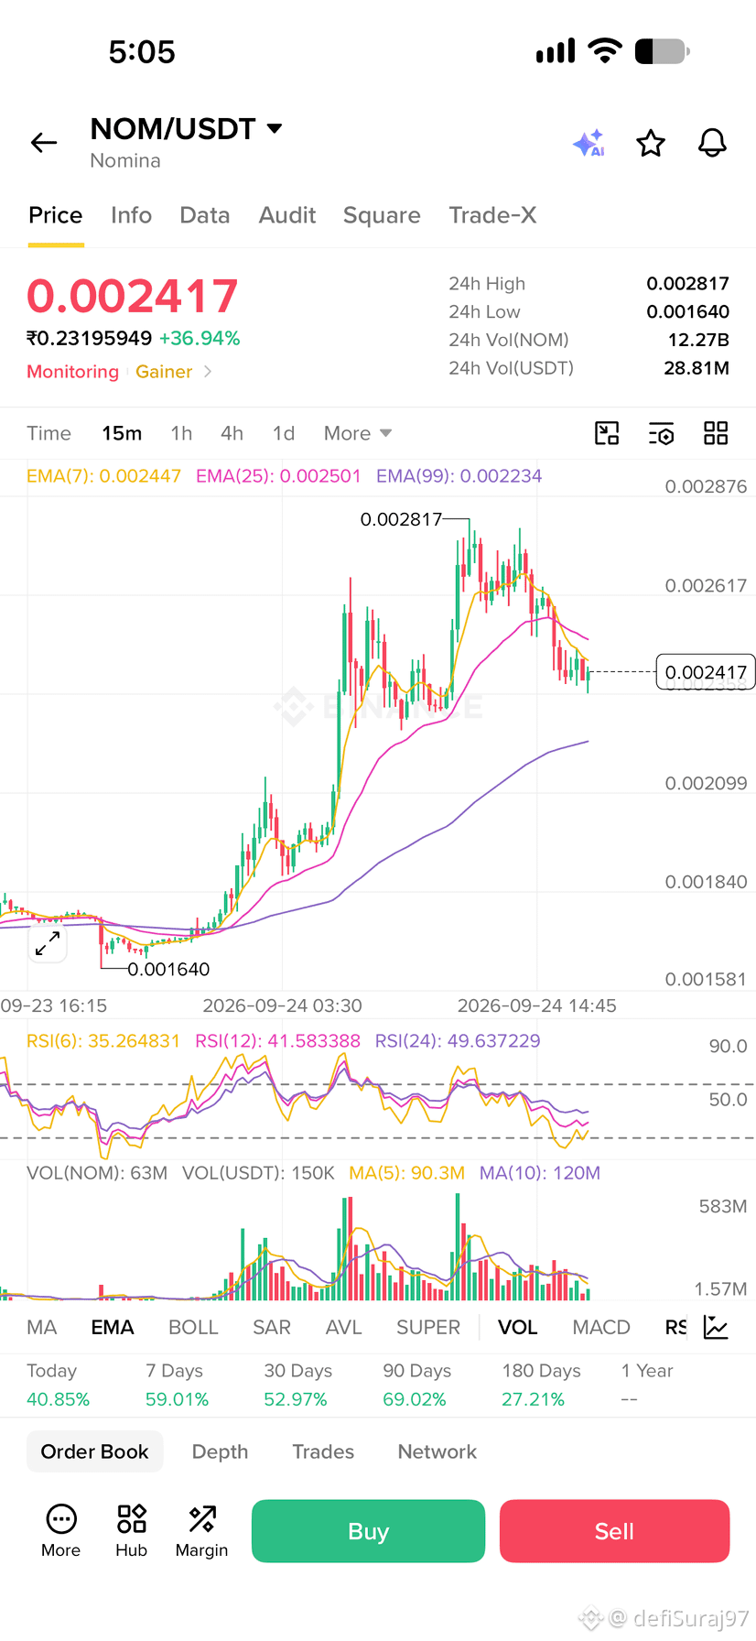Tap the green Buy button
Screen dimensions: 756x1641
(368, 1530)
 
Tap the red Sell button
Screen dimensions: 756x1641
(614, 1530)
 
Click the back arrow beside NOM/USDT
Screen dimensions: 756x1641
(44, 143)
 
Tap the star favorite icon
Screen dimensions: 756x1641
(651, 143)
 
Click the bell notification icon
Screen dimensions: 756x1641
(712, 143)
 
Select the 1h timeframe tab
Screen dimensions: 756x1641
(181, 433)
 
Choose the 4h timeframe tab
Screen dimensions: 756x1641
(232, 433)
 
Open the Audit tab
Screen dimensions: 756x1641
(287, 215)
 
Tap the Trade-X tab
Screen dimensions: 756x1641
(492, 215)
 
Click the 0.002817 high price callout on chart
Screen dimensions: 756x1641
(401, 519)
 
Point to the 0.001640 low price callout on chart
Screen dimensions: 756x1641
(168, 969)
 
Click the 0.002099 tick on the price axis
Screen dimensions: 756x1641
(706, 783)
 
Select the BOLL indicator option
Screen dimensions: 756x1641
(193, 1327)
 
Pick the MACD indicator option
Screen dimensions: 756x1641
(601, 1327)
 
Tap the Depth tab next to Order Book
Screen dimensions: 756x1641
(220, 1451)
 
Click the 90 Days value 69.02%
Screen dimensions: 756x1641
(415, 1399)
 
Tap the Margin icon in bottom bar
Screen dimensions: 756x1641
(201, 1530)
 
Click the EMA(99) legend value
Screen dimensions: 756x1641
(459, 476)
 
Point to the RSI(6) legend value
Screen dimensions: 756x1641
(103, 1041)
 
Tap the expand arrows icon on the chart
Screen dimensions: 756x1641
(48, 943)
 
